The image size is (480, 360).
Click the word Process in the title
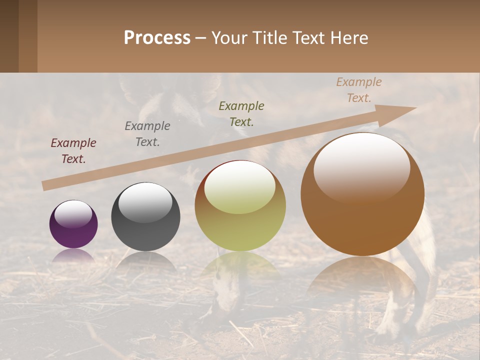(157, 38)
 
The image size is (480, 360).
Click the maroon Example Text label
(73, 151)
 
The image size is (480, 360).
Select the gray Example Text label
(147, 134)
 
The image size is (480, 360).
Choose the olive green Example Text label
(241, 114)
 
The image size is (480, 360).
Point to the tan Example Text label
(358, 90)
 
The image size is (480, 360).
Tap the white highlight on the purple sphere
(73, 214)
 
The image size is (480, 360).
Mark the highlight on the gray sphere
(145, 201)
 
